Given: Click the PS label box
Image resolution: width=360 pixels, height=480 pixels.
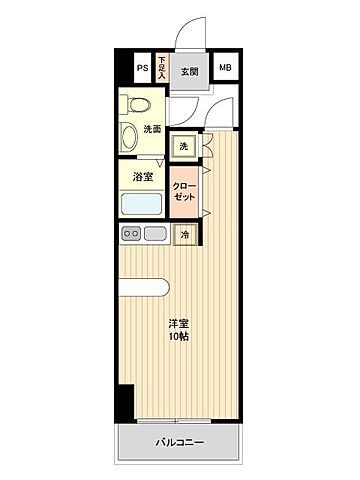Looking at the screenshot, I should tap(143, 68).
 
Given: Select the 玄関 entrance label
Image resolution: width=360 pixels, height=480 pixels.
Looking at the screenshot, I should tap(189, 71).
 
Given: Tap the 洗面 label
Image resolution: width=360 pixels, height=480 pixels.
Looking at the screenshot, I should tap(151, 129).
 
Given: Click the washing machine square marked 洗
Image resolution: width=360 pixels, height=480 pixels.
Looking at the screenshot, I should tap(183, 146).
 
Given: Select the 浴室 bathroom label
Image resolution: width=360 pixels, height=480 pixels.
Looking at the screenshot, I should tap(143, 177).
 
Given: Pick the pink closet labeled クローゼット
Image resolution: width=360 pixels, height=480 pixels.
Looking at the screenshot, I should tap(184, 191).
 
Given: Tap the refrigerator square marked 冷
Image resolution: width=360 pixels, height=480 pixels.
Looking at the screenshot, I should tap(185, 235).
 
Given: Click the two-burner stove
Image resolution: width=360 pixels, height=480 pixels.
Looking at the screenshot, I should tap(131, 234).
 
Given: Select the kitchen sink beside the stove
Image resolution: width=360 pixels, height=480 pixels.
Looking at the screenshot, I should tap(155, 234).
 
